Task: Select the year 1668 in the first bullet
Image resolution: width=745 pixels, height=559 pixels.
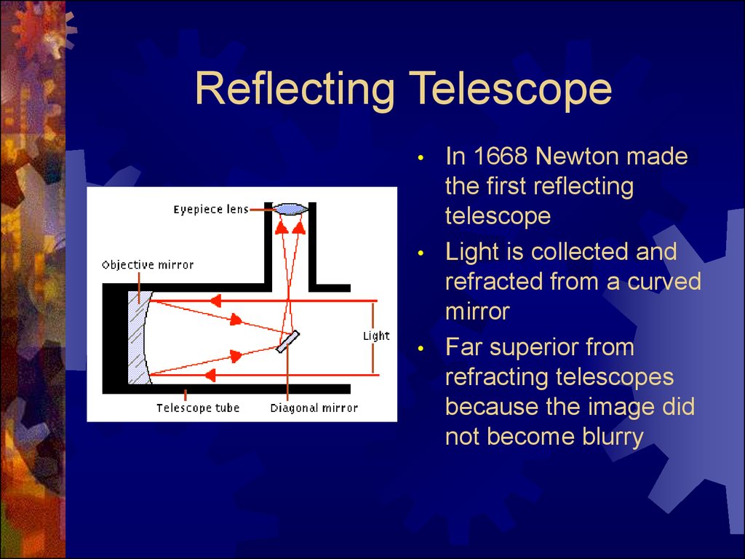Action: coord(501,156)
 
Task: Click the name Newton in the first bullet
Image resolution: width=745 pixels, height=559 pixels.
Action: coord(576,156)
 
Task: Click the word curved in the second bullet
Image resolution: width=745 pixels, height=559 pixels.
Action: coord(664,282)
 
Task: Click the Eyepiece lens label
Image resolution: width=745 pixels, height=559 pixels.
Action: coord(211,210)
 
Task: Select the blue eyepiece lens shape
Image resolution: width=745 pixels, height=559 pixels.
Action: coord(290,209)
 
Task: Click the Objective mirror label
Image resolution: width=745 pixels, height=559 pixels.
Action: coord(148,265)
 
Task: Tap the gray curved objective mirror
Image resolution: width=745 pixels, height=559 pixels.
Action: coord(139,338)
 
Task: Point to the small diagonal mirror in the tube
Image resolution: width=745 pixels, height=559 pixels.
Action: coord(288,342)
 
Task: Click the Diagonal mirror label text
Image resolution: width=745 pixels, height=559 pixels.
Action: coord(314,408)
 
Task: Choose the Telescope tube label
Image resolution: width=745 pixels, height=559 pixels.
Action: coord(198,408)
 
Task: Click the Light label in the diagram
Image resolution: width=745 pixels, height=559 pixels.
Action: coord(376,336)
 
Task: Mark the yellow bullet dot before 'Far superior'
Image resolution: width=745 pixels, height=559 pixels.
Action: coord(420,349)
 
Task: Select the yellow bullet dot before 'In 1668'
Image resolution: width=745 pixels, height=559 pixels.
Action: coord(420,158)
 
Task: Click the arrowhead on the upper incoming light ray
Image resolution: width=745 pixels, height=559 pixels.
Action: coord(215,301)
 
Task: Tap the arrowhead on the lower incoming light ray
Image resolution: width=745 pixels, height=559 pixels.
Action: coord(210,376)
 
